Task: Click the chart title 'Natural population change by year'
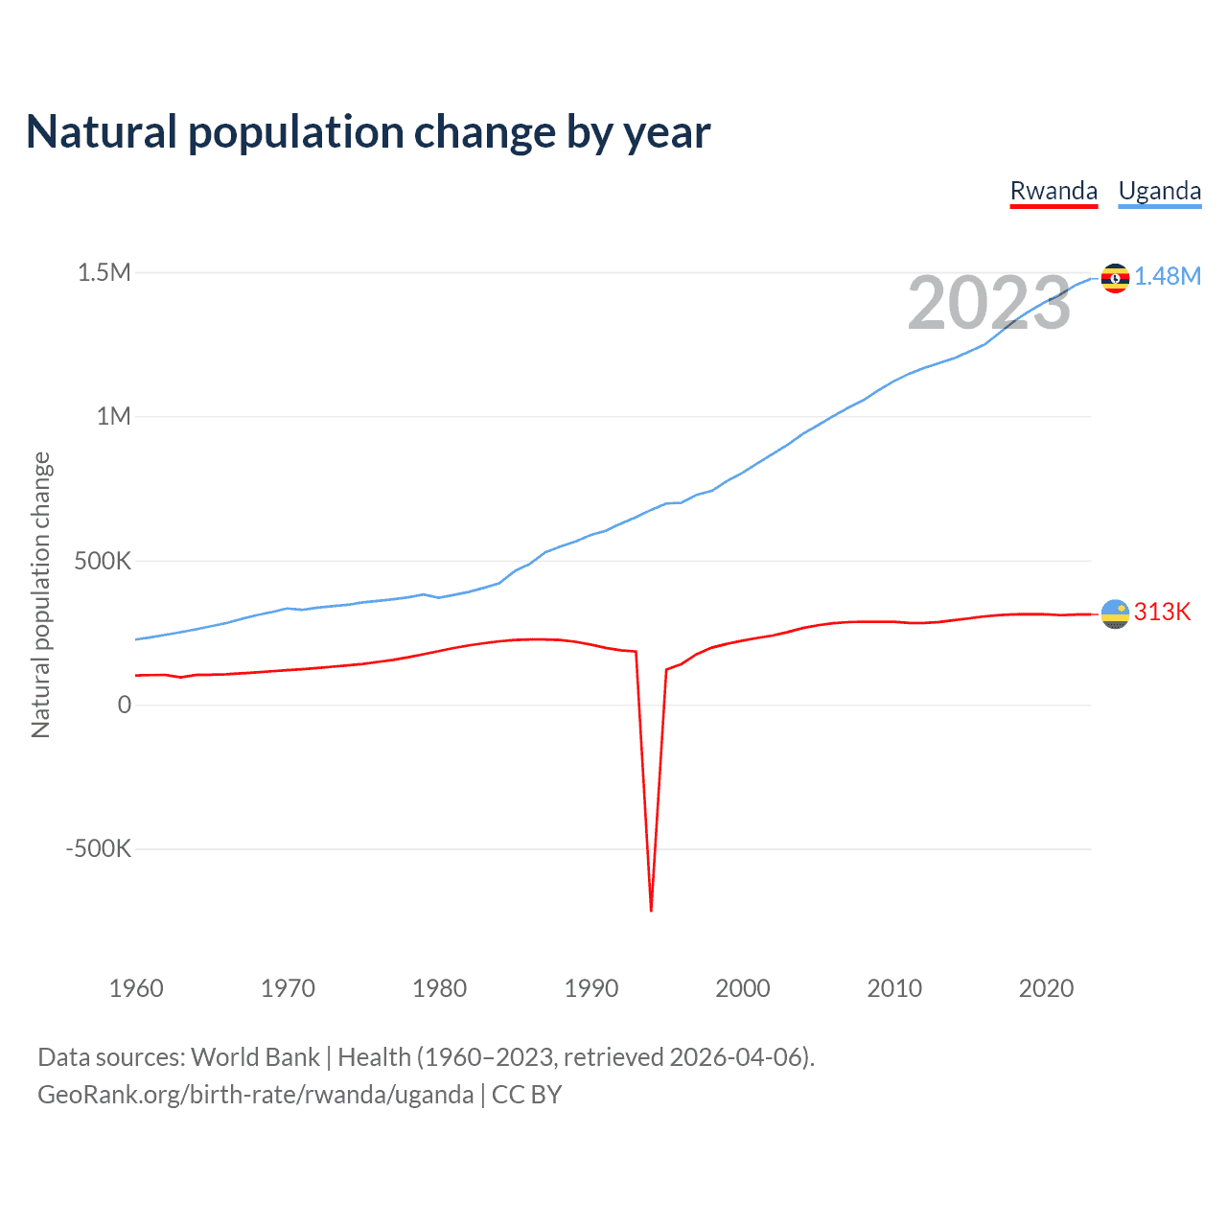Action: click(368, 132)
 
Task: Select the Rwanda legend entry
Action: click(1053, 191)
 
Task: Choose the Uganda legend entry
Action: click(1160, 191)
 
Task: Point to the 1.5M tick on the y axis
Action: click(104, 272)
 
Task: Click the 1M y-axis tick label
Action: click(113, 416)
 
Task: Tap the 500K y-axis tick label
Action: click(103, 561)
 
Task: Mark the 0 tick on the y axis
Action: click(125, 705)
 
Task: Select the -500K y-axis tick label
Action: click(98, 848)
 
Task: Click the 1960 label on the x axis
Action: click(136, 988)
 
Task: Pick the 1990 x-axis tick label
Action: click(591, 988)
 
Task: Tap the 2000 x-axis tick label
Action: click(743, 988)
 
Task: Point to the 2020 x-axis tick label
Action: click(1046, 988)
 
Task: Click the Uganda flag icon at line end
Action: click(1115, 278)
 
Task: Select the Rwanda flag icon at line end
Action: click(1115, 613)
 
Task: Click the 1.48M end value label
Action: click(1168, 276)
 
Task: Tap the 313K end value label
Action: click(1162, 612)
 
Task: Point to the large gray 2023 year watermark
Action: click(988, 303)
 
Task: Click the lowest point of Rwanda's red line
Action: click(651, 910)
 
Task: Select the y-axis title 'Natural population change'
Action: click(41, 594)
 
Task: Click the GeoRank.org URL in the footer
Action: click(255, 1094)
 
